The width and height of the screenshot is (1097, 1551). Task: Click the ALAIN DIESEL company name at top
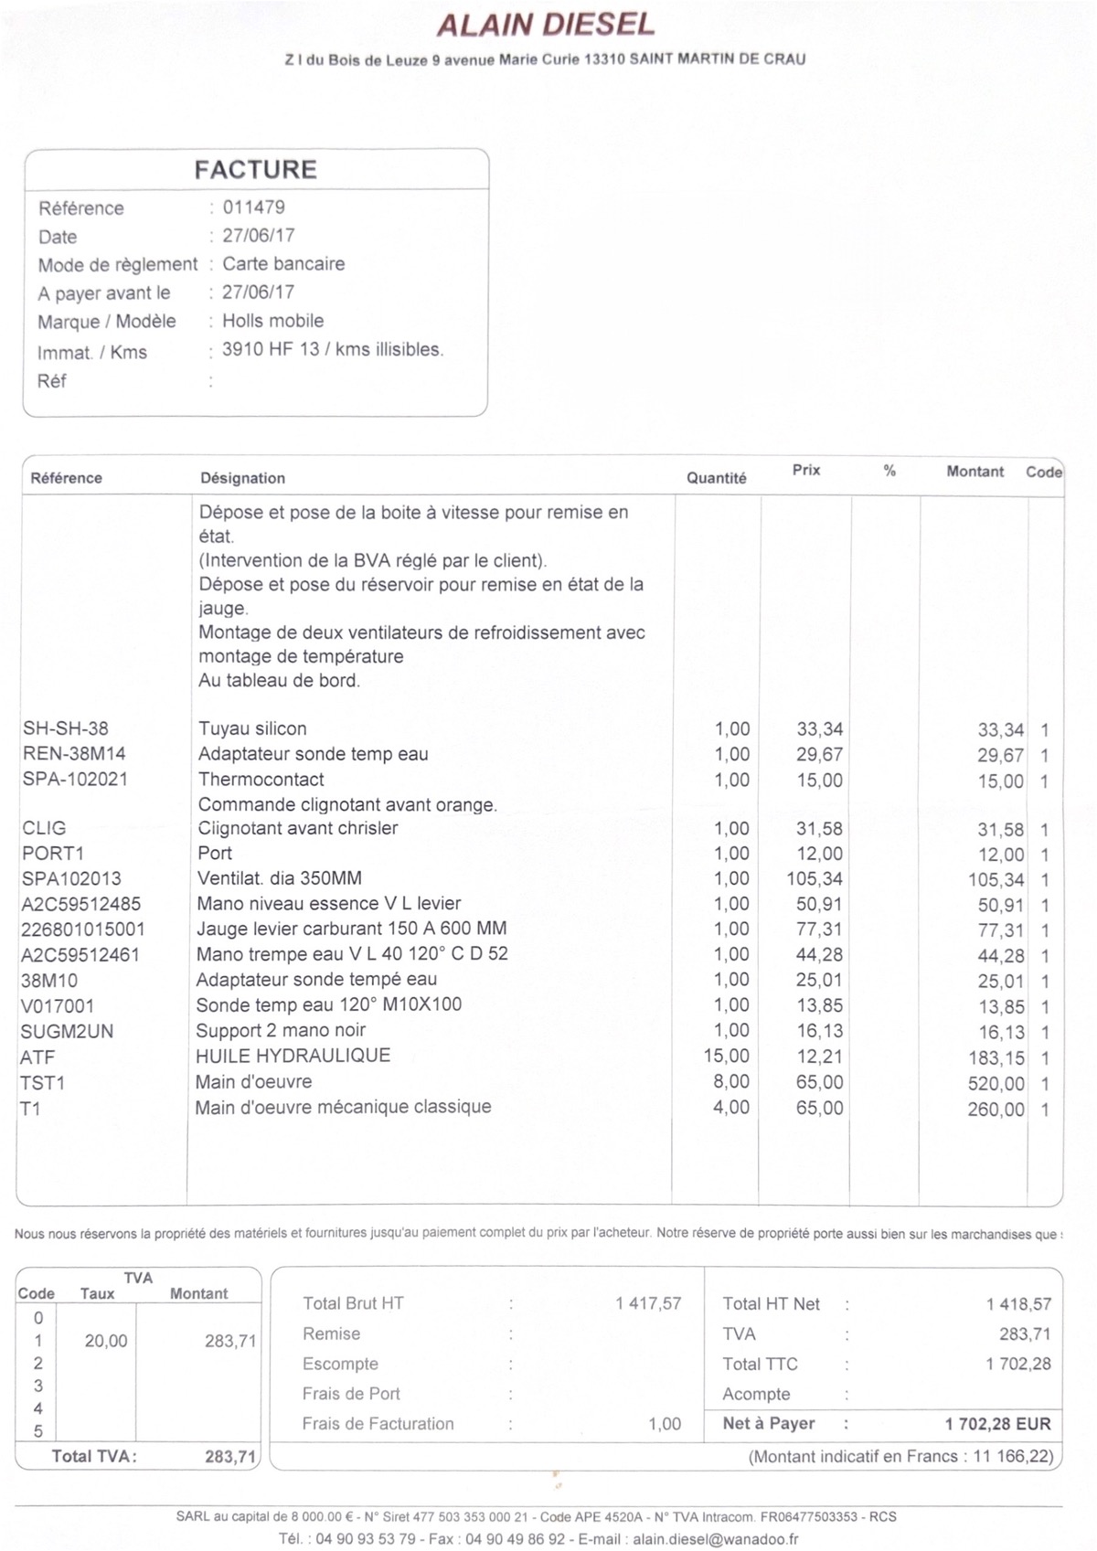click(x=546, y=25)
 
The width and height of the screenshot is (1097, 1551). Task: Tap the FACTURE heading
click(x=255, y=170)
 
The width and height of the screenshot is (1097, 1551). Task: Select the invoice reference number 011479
click(x=253, y=207)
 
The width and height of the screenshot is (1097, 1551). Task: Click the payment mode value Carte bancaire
click(x=283, y=264)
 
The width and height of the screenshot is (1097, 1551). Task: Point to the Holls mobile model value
click(x=272, y=321)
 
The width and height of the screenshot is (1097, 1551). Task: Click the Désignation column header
click(x=242, y=478)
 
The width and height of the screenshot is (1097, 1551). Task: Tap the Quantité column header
click(x=716, y=478)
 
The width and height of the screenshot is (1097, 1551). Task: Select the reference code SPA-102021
click(x=75, y=780)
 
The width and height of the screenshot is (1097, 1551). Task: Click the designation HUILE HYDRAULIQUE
click(x=293, y=1056)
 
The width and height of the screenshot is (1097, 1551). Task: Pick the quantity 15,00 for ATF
click(x=726, y=1057)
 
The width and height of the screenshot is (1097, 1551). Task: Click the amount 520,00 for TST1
click(x=996, y=1084)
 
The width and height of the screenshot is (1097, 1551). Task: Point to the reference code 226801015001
click(x=83, y=930)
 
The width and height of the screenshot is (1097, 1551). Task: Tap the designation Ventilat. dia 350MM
click(x=280, y=878)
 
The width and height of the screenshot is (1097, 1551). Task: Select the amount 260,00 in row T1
click(x=996, y=1110)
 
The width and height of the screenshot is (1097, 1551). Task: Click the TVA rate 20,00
click(x=106, y=1341)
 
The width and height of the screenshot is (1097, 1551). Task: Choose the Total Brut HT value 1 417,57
click(x=648, y=1303)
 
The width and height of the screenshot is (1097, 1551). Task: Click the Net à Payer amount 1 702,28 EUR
click(x=997, y=1424)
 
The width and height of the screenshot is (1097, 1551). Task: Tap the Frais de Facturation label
click(x=378, y=1424)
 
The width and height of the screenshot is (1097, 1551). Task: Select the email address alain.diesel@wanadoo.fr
click(x=716, y=1539)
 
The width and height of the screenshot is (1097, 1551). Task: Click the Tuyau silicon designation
click(x=252, y=728)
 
